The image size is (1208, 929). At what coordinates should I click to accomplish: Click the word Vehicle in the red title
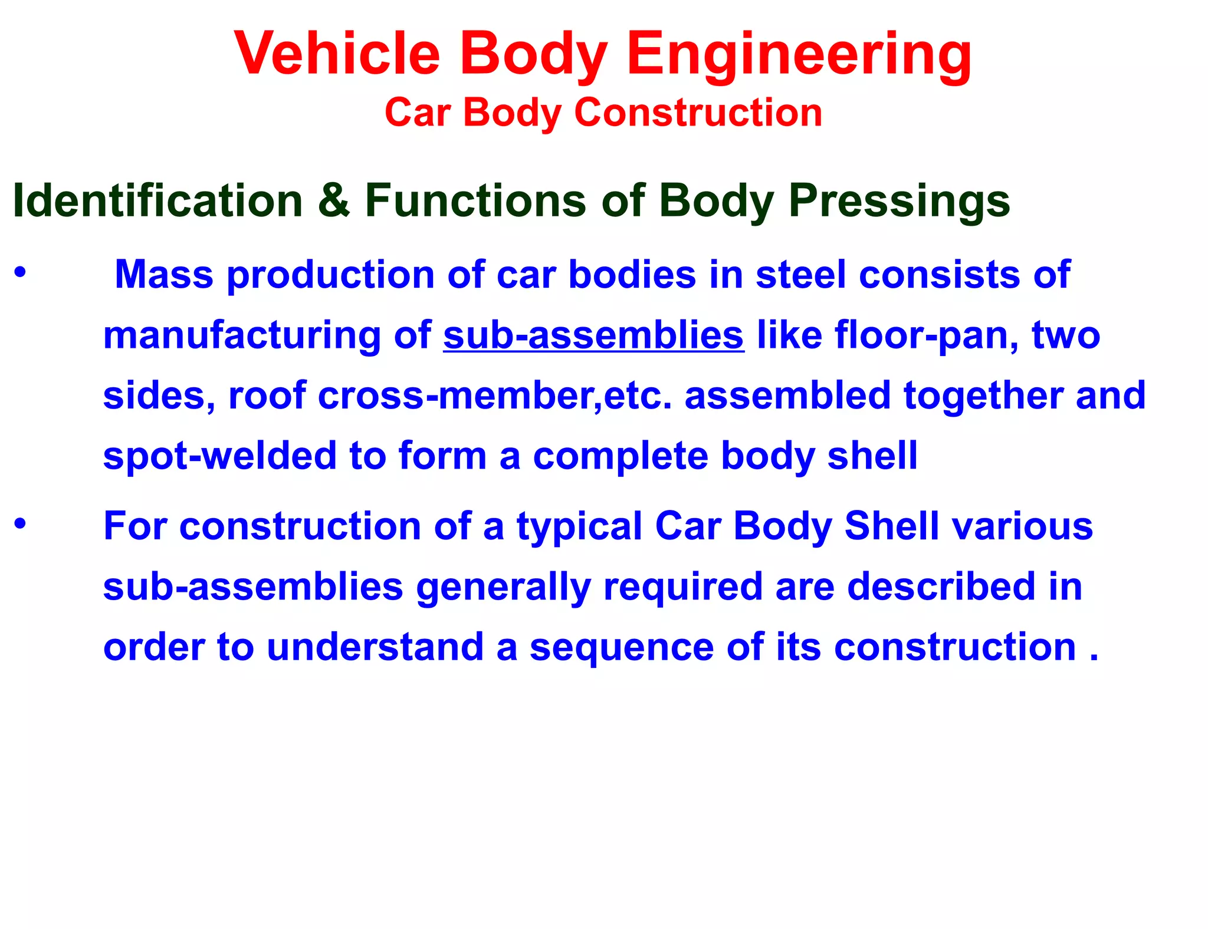tap(337, 54)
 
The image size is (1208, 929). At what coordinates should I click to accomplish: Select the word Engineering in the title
tap(799, 54)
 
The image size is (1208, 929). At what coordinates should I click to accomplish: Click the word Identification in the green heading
tap(157, 201)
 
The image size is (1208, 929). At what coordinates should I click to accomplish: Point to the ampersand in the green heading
tap(333, 201)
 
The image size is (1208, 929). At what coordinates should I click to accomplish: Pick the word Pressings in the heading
tap(899, 201)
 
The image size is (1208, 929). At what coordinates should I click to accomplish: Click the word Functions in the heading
tap(475, 201)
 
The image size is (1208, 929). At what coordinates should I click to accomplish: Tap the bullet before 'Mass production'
tap(21, 272)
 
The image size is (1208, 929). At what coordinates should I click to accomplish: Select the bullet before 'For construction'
tap(21, 523)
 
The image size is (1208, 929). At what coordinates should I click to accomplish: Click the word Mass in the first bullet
tap(163, 275)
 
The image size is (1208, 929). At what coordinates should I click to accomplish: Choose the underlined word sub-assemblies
tap(593, 335)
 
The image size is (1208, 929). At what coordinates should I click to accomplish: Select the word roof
tap(267, 396)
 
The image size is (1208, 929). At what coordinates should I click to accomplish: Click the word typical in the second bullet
tap(579, 526)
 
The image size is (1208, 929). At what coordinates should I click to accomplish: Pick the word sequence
tap(621, 647)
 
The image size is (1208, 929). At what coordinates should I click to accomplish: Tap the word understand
tap(375, 647)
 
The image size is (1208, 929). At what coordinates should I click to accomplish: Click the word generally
tap(503, 587)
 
